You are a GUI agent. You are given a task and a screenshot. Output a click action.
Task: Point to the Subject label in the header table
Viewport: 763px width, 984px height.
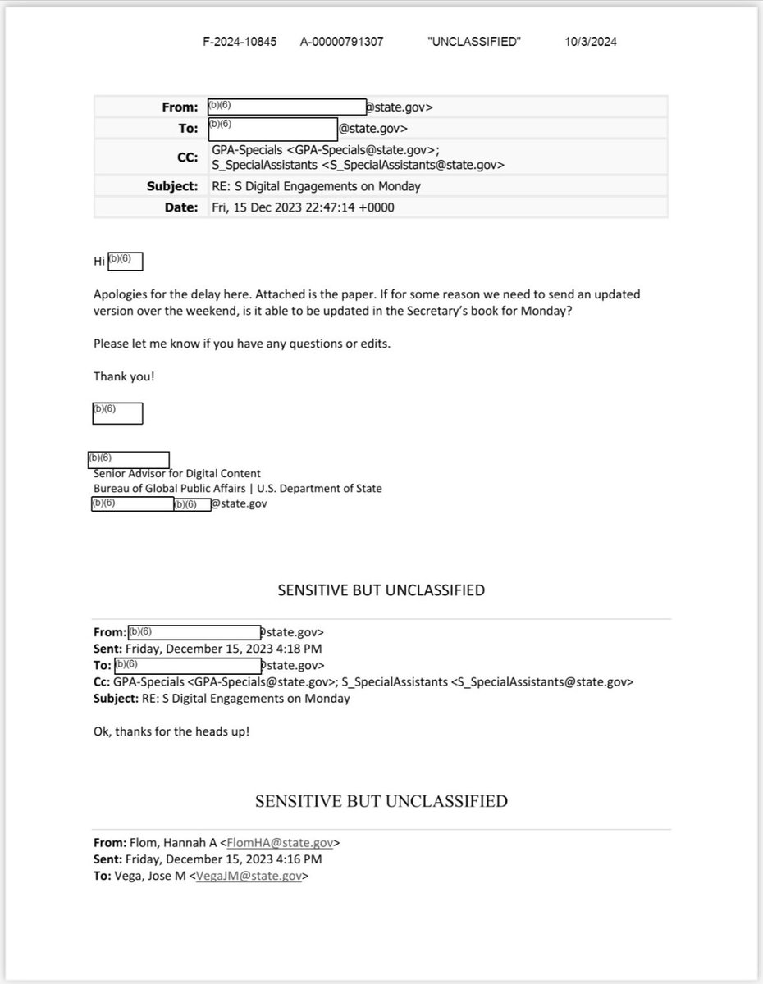point(173,186)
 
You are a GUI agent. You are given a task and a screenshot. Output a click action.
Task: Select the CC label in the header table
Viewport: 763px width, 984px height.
point(188,157)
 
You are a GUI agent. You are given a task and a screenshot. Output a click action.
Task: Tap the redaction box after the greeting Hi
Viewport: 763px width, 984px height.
point(126,261)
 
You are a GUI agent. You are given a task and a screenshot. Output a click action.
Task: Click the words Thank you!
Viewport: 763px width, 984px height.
point(124,376)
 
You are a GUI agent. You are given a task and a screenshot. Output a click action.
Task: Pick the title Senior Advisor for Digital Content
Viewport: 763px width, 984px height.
point(177,474)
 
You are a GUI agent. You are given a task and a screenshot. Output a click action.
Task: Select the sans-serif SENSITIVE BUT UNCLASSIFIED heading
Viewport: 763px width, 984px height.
point(381,590)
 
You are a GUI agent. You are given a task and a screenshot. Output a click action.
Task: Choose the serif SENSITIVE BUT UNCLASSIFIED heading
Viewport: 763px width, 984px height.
point(381,801)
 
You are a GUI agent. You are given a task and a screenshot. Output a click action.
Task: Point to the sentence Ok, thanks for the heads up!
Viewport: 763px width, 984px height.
point(171,730)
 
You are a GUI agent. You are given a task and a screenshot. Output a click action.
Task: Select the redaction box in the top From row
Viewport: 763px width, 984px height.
point(286,107)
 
